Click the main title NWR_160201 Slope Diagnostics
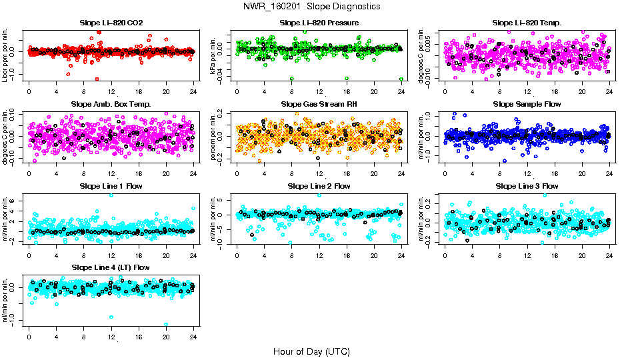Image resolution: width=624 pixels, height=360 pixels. [x=311, y=6]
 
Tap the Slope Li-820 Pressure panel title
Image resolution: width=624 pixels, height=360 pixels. [x=319, y=23]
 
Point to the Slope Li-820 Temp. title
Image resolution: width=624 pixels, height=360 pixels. [x=527, y=23]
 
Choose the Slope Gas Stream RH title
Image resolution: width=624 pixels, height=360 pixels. [x=319, y=104]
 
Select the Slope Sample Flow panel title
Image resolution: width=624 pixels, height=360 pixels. [x=527, y=104]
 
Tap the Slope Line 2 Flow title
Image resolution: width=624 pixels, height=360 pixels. [x=319, y=186]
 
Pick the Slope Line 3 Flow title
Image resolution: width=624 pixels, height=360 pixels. [x=527, y=186]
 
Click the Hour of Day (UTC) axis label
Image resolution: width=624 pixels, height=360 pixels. [x=311, y=351]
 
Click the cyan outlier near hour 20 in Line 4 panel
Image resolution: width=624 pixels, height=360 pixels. [x=166, y=325]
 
